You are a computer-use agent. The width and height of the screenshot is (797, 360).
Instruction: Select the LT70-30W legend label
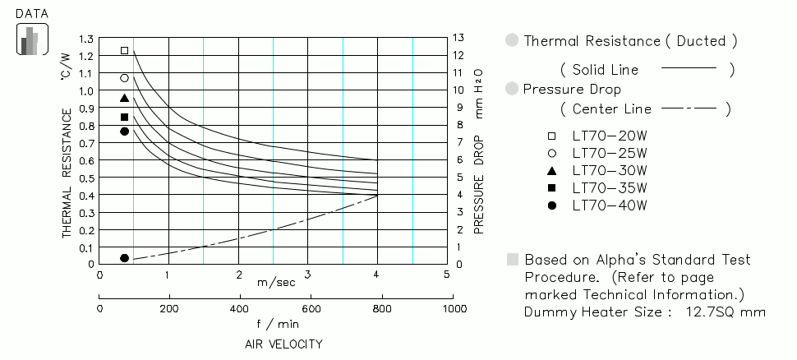coord(609,170)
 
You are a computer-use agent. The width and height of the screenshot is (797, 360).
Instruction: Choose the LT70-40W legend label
coord(609,205)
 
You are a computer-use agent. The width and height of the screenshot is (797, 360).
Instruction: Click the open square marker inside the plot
coord(125,51)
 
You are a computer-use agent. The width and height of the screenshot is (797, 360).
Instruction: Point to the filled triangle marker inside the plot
coord(125,98)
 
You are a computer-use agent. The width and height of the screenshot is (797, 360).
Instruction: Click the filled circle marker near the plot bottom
coord(125,258)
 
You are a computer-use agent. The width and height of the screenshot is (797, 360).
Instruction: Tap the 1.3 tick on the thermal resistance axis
coord(85,39)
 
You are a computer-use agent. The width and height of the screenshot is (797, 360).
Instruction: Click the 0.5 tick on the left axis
coord(85,178)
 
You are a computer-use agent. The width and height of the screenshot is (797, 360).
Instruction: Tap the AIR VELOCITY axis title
coord(283,344)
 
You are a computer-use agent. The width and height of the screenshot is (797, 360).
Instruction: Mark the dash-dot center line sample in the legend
coord(689,108)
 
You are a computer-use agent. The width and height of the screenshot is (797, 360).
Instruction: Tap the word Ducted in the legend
coord(701,40)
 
